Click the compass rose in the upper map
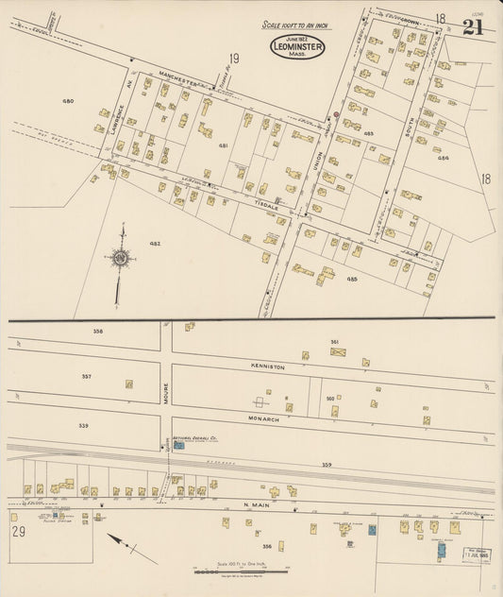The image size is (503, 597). [x=120, y=257]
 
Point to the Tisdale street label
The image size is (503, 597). [x=267, y=205]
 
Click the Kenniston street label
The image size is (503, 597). [x=267, y=365]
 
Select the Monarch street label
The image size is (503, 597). [x=264, y=417]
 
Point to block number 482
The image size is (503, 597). [x=154, y=244]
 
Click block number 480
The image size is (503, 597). [x=68, y=100]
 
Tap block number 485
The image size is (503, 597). [x=351, y=280]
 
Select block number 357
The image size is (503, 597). [x=86, y=376]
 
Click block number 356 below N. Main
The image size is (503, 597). [x=267, y=546]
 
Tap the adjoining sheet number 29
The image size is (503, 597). [x=19, y=531]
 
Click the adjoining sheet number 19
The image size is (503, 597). [x=232, y=60]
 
